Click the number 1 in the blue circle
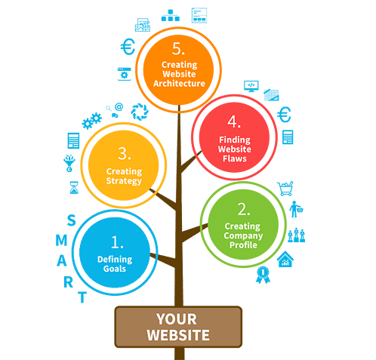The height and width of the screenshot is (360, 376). pos(117,243)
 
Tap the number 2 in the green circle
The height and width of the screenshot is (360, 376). pos(243,209)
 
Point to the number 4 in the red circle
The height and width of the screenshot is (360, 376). pos(234,122)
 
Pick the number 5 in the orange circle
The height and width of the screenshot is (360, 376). pos(178,49)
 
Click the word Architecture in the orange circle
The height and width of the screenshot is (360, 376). pos(179,83)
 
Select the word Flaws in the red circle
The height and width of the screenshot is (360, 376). pos(234,158)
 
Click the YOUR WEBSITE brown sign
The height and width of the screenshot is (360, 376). pos(178,327)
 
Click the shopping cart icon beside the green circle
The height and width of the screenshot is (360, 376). pos(285,186)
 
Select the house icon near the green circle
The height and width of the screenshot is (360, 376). pos(285,260)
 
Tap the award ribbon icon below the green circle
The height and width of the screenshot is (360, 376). pos(263,274)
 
